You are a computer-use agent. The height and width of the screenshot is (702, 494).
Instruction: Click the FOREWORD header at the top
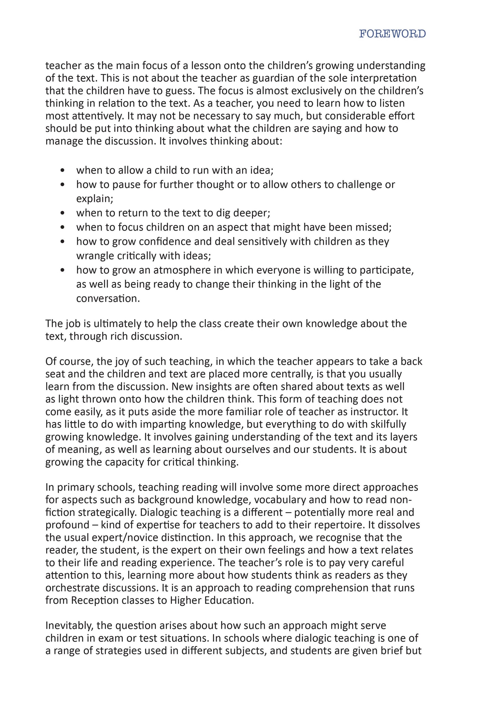[x=392, y=34]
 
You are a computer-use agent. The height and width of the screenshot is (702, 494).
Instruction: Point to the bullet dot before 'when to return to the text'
[x=62, y=213]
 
